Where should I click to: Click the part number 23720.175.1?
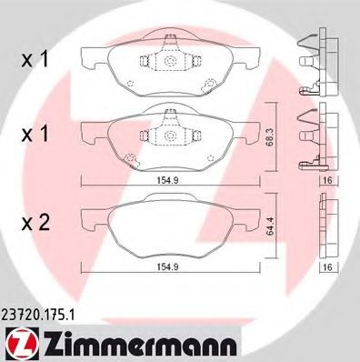tap(37, 315)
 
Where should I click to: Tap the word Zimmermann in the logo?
tap(140, 345)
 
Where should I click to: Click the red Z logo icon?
tap(22, 345)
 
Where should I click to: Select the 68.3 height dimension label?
tap(270, 137)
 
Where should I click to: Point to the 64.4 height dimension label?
tap(270, 226)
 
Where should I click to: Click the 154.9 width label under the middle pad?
tap(167, 180)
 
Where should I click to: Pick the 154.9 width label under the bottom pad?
tap(167, 266)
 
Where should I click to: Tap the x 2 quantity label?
tap(35, 224)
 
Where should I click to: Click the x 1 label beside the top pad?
tap(35, 59)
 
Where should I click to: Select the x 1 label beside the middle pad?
tap(35, 134)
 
